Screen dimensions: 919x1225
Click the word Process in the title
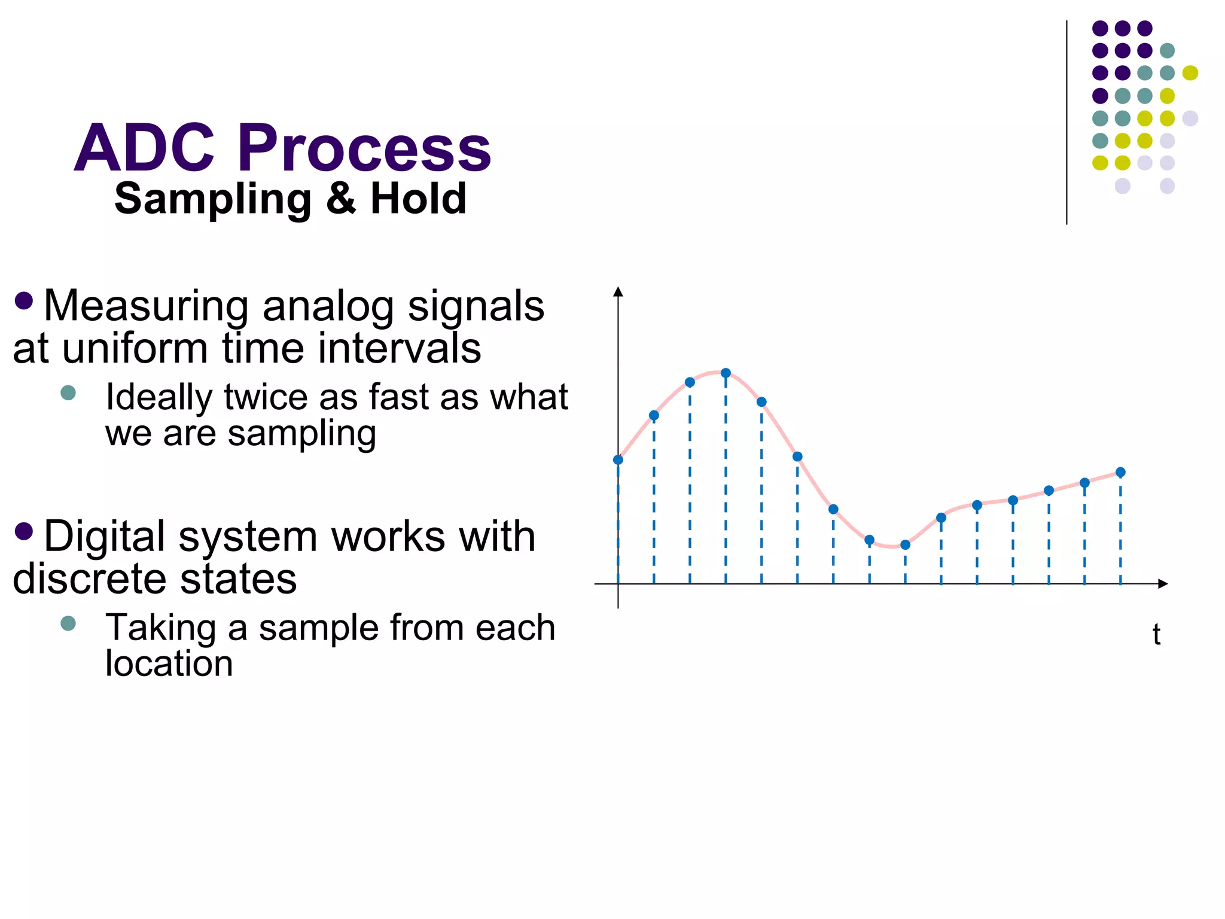pos(364,148)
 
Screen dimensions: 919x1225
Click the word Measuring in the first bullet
pos(146,306)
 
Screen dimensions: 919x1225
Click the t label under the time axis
pos(1156,634)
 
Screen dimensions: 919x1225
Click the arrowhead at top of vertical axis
pos(618,292)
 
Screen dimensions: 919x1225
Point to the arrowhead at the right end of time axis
pos(1163,583)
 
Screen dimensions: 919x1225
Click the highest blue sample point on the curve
pos(726,373)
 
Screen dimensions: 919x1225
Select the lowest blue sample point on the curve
pos(905,545)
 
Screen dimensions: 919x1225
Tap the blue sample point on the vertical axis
pos(618,460)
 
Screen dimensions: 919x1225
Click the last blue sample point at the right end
pos(1120,473)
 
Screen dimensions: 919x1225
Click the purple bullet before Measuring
pos(23,300)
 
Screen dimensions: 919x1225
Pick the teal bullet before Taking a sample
pos(68,623)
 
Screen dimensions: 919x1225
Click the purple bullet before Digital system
pos(23,531)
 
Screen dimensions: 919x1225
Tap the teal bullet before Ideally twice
pos(68,392)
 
